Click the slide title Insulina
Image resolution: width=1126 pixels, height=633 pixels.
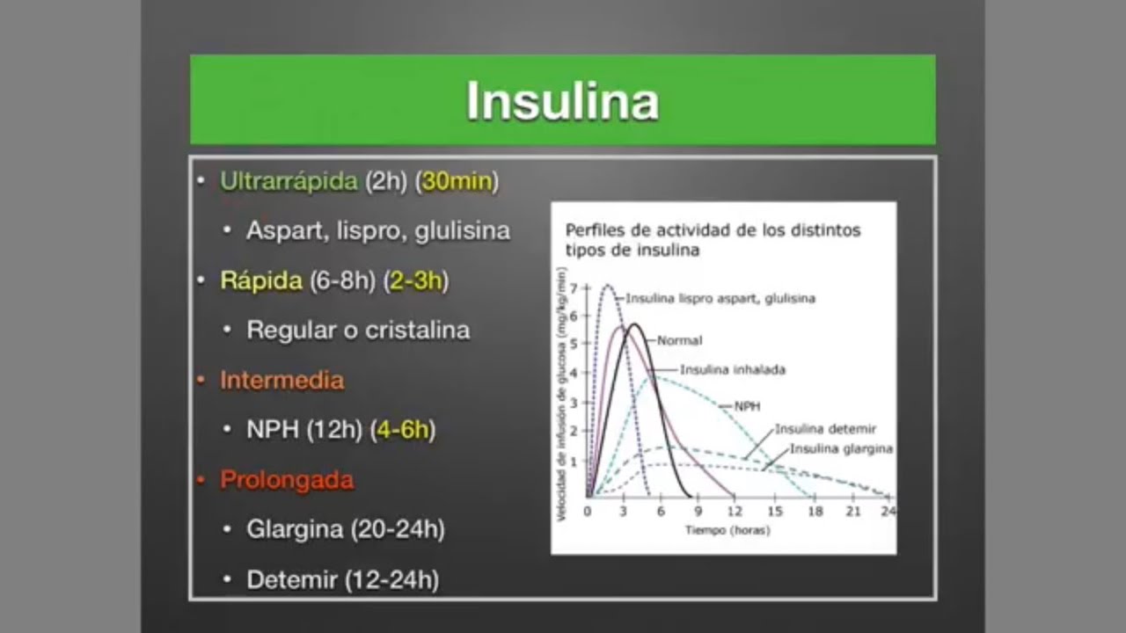[562, 101]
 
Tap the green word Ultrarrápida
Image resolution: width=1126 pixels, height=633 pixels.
[289, 181]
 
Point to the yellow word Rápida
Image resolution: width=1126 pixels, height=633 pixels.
[261, 280]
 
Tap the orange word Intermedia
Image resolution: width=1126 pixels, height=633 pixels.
[281, 380]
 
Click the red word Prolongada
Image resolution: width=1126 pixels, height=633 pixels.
[287, 480]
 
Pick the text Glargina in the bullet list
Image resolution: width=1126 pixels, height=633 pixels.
[295, 529]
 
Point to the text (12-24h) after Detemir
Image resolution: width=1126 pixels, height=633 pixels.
[391, 579]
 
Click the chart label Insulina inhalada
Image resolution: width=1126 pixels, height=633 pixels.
[732, 370]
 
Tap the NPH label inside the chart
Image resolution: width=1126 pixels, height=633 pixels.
[747, 407]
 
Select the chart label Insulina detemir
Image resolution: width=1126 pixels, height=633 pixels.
[825, 429]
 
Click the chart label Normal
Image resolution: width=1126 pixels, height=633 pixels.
[679, 340]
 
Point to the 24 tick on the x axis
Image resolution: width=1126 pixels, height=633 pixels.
[888, 511]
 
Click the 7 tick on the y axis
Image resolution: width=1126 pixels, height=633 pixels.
[574, 288]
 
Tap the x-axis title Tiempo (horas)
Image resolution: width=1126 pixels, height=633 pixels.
[728, 530]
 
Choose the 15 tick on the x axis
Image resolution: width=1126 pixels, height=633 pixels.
[775, 511]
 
